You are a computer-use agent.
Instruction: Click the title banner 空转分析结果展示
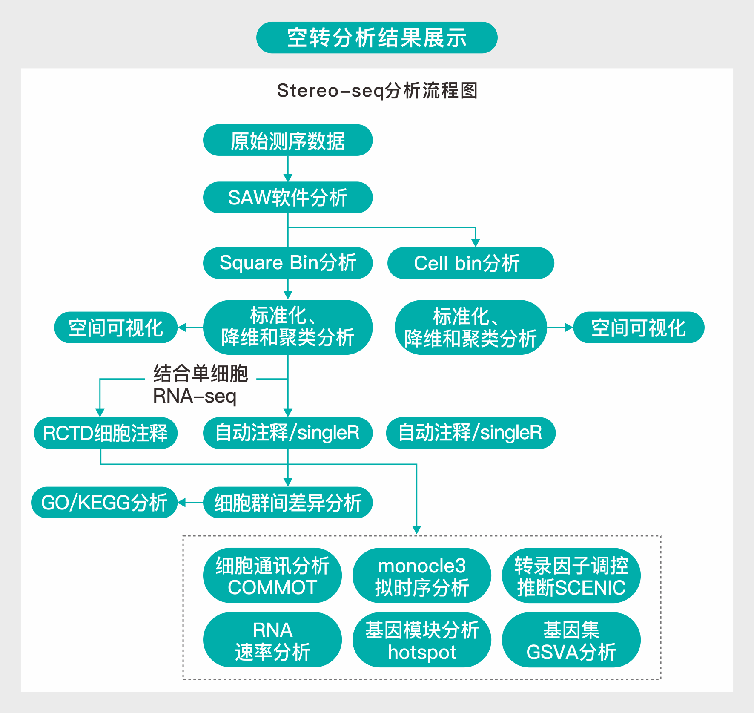pos(377,37)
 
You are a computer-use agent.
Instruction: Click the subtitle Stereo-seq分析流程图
pos(377,91)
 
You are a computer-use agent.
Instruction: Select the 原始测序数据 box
pos(288,141)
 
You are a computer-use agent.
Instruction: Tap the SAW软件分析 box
pos(288,198)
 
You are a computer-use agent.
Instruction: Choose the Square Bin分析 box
pos(288,263)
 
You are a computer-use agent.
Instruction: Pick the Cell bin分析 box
pos(470,263)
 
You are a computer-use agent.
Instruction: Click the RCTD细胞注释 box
pos(106,433)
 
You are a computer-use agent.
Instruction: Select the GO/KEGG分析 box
pos(104,503)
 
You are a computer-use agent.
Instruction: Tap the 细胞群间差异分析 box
pos(288,503)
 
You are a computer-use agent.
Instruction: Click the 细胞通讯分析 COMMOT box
pos(272,576)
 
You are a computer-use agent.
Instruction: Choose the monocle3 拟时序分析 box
pos(421,576)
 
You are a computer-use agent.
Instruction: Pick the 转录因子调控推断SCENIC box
pos(571,576)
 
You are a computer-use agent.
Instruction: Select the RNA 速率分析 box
pos(272,640)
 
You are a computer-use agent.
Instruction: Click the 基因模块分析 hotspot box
pos(421,640)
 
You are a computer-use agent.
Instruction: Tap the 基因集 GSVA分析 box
pos(571,640)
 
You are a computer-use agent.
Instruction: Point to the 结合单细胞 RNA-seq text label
pos(200,385)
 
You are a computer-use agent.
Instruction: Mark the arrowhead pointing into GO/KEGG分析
pos(182,503)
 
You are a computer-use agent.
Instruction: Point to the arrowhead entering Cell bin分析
pos(476,242)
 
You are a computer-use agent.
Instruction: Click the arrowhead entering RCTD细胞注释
pos(100,412)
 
